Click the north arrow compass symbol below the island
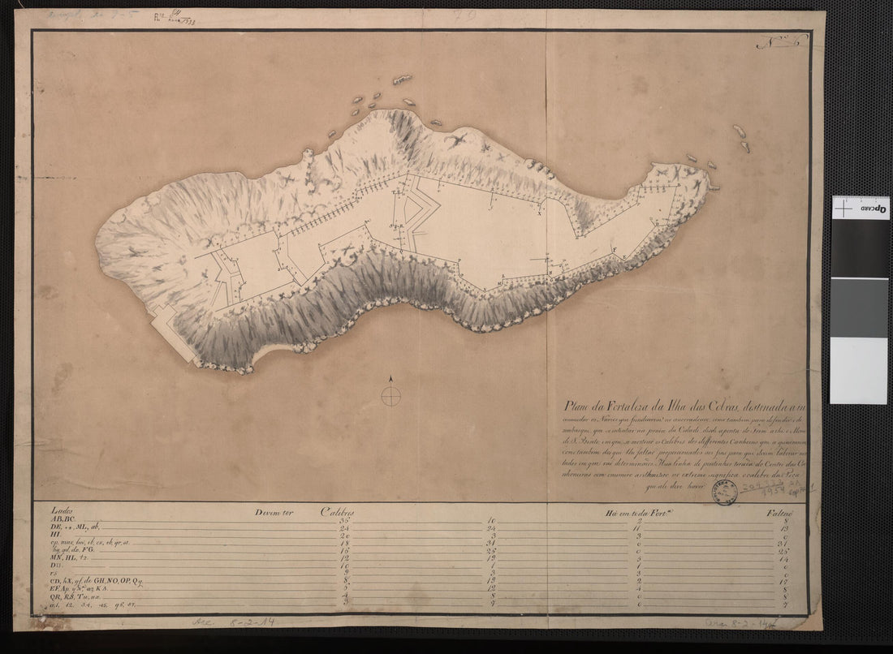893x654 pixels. click(391, 394)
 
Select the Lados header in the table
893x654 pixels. click(61, 511)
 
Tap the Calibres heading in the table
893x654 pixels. click(338, 512)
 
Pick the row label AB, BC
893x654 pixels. click(63, 519)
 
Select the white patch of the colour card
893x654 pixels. click(859, 370)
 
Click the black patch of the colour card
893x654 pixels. click(859, 249)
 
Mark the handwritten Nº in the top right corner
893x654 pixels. click(771, 41)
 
